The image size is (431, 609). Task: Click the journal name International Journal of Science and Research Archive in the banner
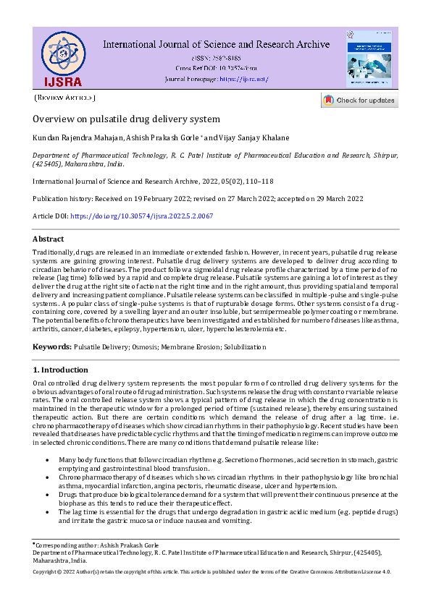tap(216, 44)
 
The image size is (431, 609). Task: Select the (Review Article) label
tap(65, 98)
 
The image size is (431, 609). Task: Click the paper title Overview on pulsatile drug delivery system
tap(126, 119)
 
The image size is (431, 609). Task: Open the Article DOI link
tap(142, 216)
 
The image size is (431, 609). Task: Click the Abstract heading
tap(49, 239)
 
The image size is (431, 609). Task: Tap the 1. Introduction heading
tap(60, 370)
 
